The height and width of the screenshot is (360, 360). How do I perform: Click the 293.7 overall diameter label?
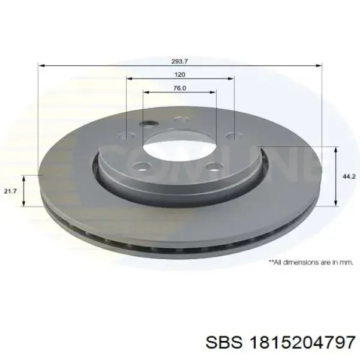180,61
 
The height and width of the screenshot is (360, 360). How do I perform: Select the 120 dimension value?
180,74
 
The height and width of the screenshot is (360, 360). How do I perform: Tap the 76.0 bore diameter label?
180,88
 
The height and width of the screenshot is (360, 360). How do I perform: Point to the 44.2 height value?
349,176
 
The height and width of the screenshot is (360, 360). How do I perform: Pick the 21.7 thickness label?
11,191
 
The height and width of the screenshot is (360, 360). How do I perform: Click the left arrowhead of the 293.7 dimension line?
41,66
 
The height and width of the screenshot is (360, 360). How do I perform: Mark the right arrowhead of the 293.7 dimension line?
319,66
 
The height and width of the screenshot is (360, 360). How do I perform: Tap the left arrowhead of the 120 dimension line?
130,79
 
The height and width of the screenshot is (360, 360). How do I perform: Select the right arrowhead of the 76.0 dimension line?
213,92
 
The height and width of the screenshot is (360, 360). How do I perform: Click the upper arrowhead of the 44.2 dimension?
336,149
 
